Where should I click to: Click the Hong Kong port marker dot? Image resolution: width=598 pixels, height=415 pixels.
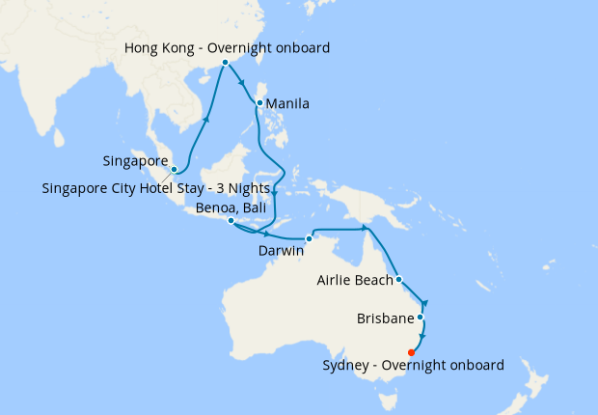coord(225,62)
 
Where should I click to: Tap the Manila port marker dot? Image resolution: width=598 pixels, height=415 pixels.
coord(259,102)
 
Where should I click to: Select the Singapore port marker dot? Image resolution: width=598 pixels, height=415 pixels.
coord(174,170)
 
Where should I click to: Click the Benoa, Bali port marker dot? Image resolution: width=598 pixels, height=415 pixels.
coord(230,221)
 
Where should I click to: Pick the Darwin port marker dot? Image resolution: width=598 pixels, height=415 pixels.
coord(309,238)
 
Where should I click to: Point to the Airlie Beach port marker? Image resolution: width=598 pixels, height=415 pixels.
coord(398,281)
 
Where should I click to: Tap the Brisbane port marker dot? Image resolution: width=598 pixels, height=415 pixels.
coord(420,317)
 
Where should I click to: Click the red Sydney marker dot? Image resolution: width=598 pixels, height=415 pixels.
coord(412,351)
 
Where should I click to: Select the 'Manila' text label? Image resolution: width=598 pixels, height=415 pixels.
coord(286,103)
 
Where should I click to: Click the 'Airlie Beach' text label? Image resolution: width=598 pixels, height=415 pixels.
coord(354,281)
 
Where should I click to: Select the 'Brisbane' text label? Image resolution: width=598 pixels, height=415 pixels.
coord(385,318)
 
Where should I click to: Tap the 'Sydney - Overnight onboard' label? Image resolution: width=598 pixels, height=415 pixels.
coord(413,365)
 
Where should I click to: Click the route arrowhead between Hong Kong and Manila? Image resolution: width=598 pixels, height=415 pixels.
coord(241,83)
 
